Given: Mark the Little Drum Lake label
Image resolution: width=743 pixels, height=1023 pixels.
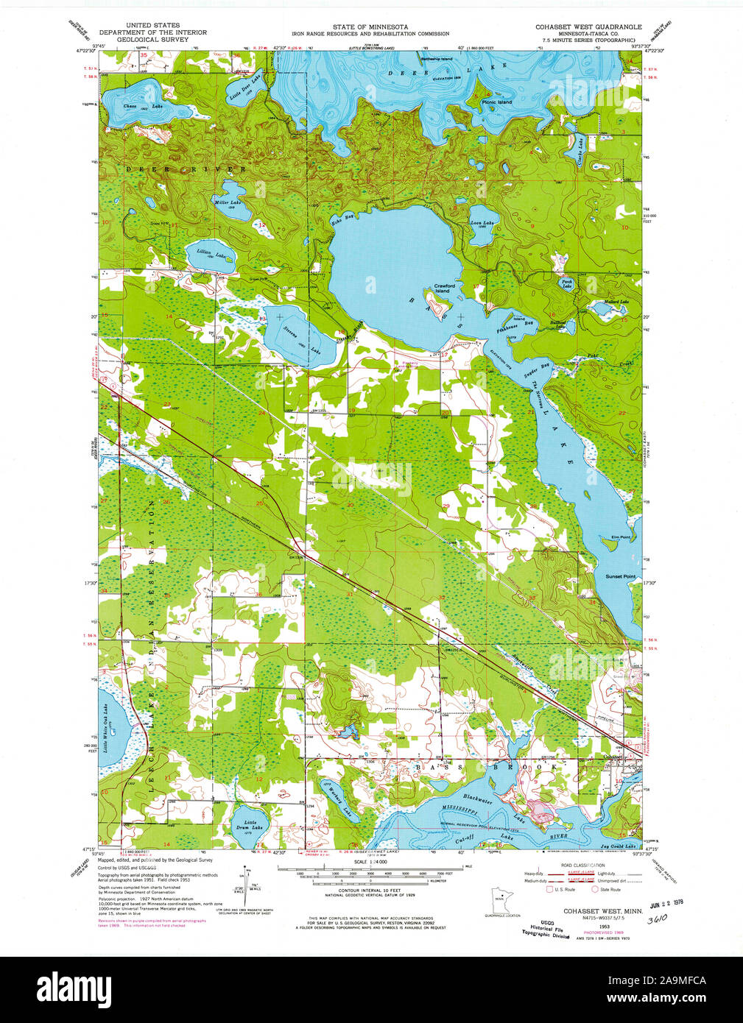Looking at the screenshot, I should [x=251, y=825].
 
